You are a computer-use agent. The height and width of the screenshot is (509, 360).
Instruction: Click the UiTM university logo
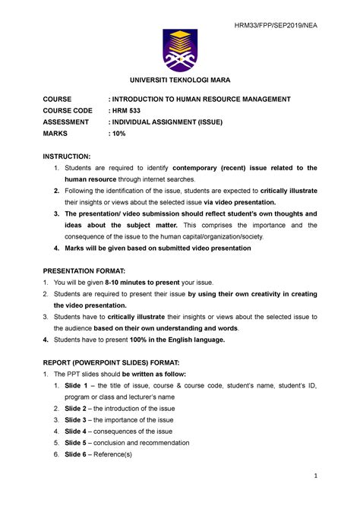click(x=180, y=49)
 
